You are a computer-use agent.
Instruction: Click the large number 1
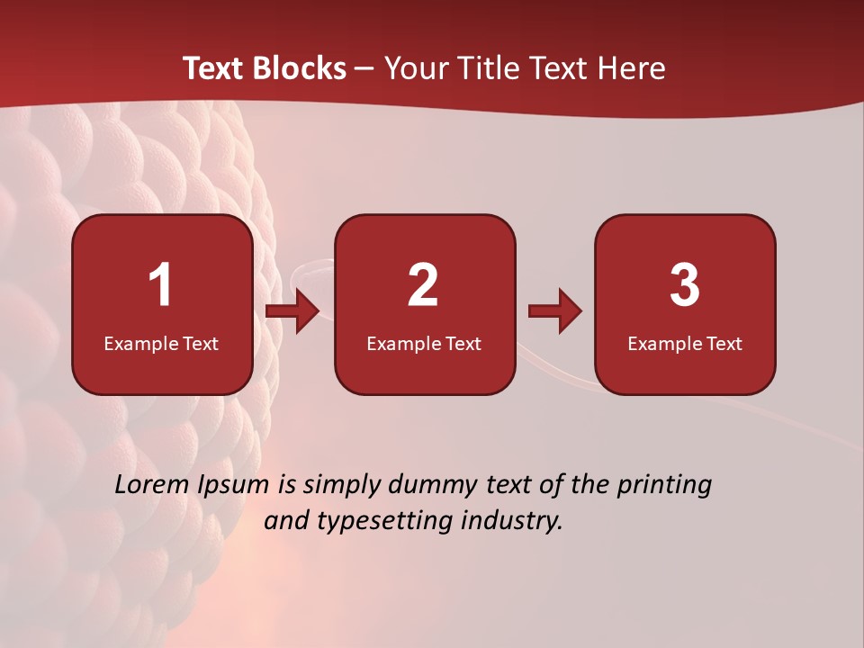click(160, 285)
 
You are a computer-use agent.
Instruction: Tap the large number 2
click(423, 285)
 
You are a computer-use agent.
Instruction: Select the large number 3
click(685, 285)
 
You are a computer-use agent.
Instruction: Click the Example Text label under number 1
click(161, 343)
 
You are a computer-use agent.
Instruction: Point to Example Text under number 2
click(424, 343)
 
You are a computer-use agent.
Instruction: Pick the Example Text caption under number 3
click(685, 343)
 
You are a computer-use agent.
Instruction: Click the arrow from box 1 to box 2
click(293, 311)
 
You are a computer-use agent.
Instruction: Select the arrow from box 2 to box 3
click(555, 311)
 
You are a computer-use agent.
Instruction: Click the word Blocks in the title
click(300, 68)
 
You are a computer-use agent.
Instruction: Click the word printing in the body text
click(664, 486)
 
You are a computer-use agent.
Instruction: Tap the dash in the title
click(364, 69)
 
